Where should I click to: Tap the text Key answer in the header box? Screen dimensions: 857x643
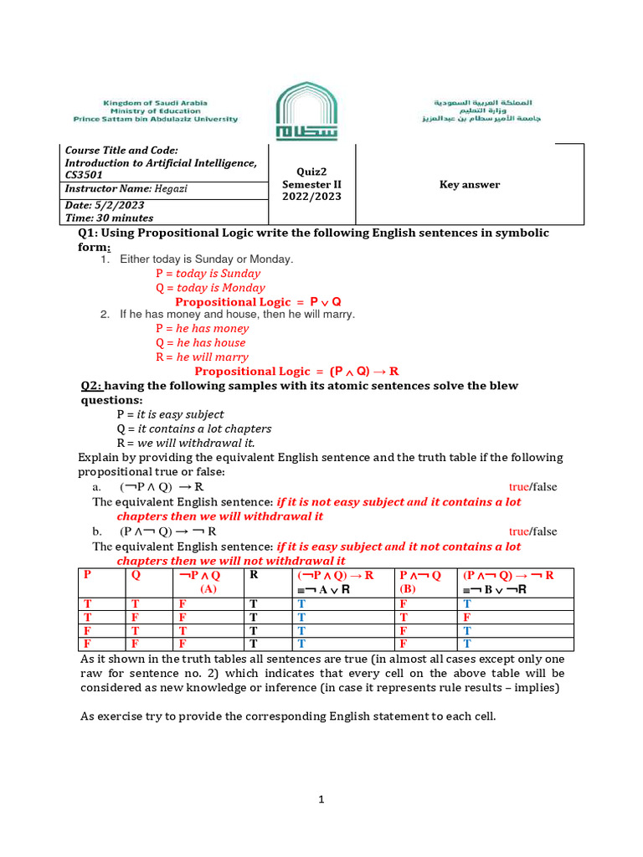[470, 185]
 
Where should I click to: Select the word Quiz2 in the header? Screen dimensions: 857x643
[310, 171]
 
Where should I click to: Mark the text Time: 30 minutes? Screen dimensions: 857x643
[109, 218]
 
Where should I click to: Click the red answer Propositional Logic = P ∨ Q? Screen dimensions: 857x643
[258, 301]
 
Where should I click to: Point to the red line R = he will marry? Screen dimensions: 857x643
[202, 357]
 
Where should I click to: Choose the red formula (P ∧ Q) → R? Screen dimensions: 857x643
[364, 371]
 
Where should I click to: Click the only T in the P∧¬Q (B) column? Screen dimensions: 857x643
[404, 617]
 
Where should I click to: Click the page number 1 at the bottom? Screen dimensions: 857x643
[321, 800]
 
